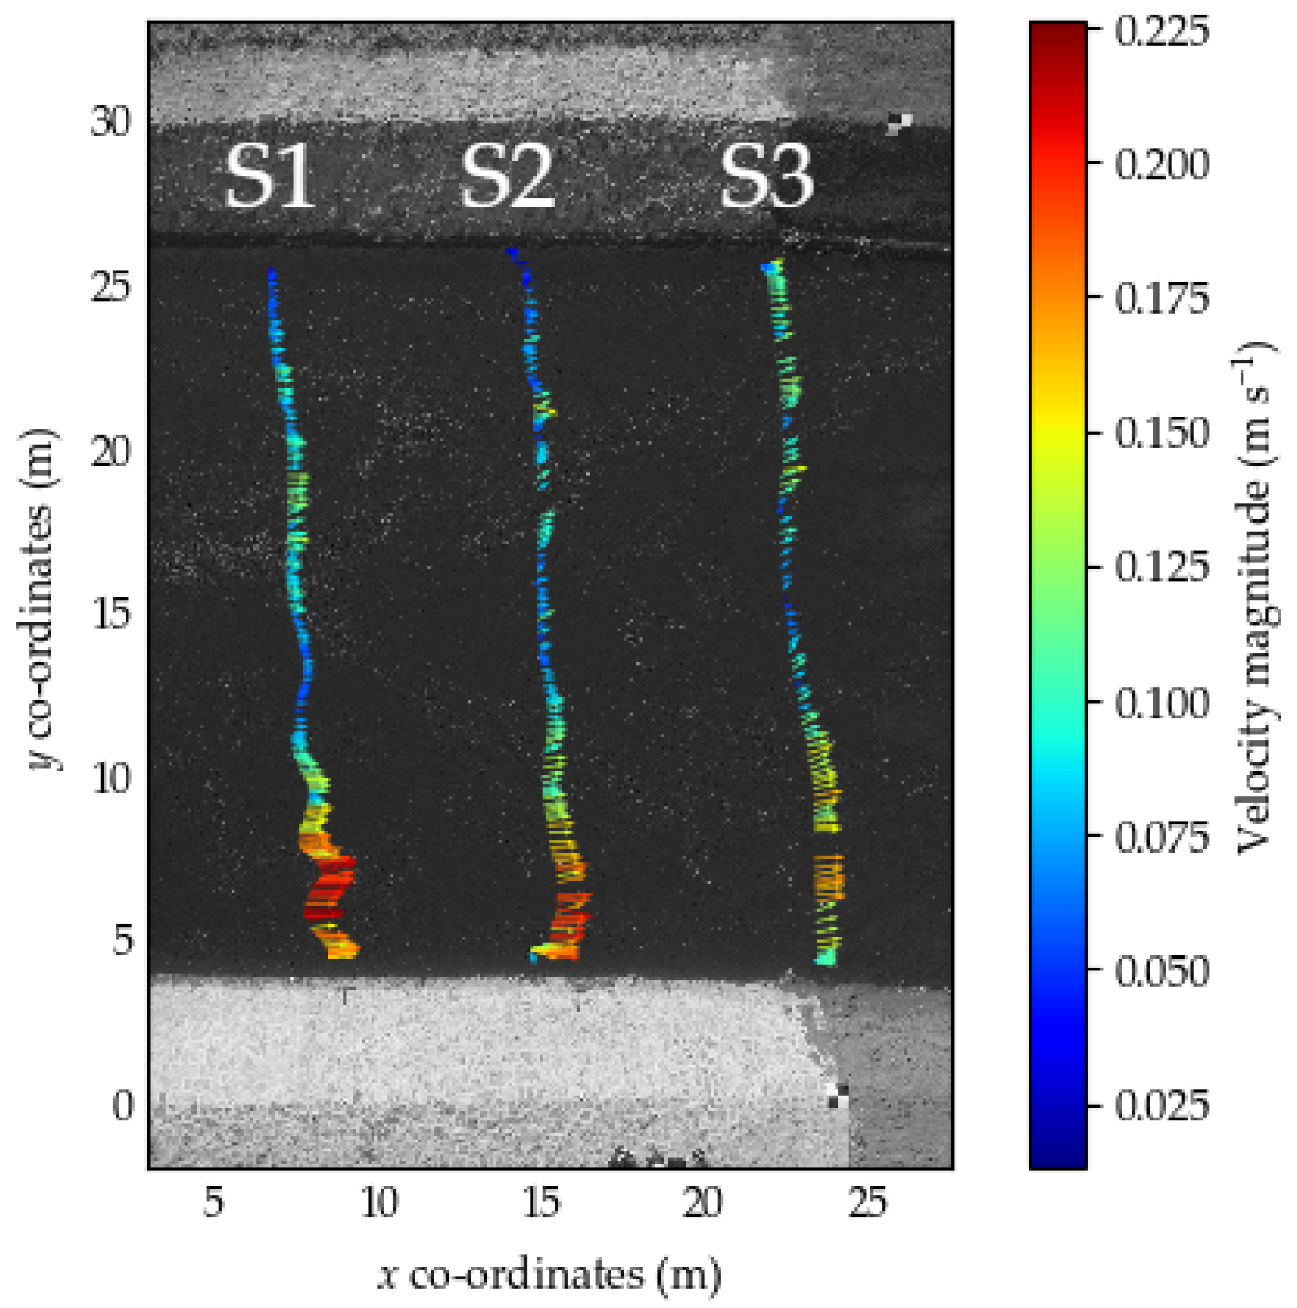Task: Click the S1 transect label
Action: point(269,178)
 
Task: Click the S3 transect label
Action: point(766,178)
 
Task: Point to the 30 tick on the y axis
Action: point(111,121)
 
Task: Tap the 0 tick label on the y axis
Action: point(122,1105)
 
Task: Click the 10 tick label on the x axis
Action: point(379,1202)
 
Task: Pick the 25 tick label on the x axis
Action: point(867,1202)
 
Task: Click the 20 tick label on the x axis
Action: point(703,1202)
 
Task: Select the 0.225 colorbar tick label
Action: point(1161,31)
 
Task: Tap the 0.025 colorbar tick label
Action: point(1161,1105)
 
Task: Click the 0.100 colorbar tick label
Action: point(1161,702)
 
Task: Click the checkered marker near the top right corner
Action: point(899,123)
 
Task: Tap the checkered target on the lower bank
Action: point(838,1096)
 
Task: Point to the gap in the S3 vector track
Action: point(828,844)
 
